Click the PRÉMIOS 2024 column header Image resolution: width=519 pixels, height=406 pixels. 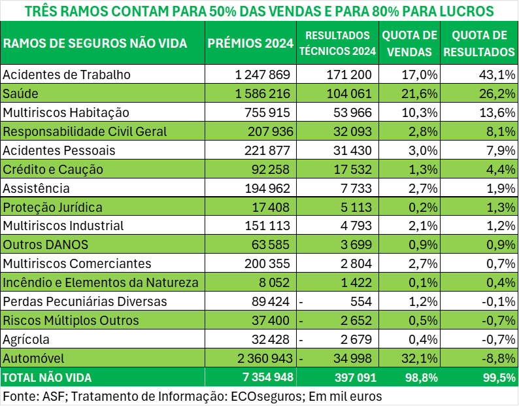click(250, 43)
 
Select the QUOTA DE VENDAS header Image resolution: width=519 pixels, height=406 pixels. click(410, 43)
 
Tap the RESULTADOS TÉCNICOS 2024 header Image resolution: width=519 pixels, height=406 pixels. click(338, 43)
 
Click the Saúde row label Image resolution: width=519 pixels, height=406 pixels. click(21, 93)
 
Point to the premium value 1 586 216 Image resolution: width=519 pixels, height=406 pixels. click(263, 93)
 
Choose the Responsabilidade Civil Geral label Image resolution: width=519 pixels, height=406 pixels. click(85, 131)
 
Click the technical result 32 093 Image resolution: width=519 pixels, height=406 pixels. click(349, 131)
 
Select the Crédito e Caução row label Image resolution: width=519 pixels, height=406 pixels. click(53, 169)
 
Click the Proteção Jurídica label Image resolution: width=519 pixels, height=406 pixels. click(52, 207)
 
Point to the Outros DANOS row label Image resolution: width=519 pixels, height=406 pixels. click(45, 245)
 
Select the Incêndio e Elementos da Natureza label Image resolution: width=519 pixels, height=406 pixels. click(101, 283)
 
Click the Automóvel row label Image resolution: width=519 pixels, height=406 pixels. click(33, 358)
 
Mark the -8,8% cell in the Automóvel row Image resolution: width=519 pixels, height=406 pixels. click(495, 358)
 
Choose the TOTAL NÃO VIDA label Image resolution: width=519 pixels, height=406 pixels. click(48, 377)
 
